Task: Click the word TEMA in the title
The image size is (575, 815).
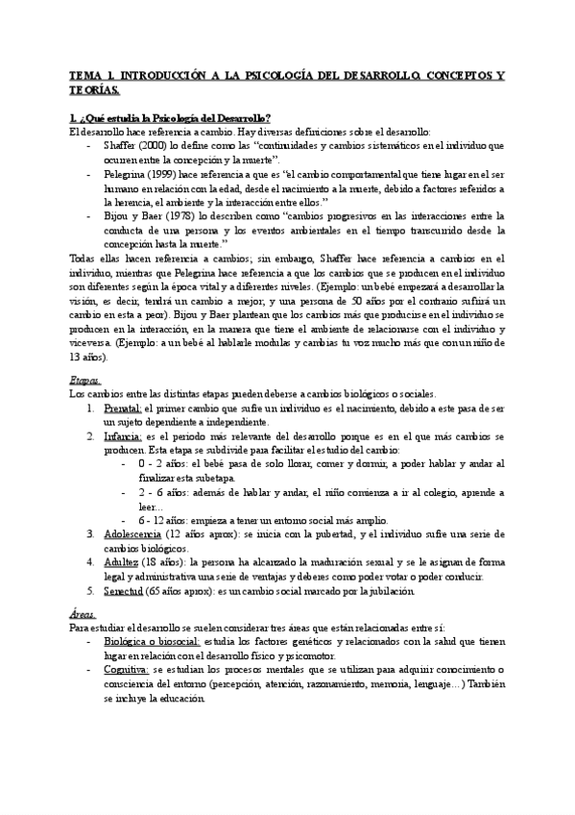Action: coord(87,73)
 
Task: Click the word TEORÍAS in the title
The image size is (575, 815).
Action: coord(94,89)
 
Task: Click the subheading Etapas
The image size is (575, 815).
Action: coord(86,380)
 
